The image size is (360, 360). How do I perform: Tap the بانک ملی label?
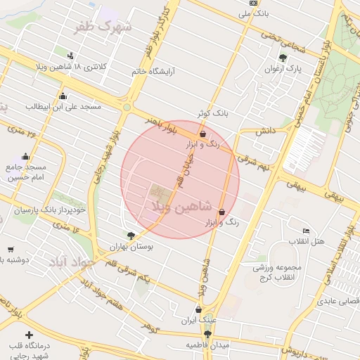pos(254,13)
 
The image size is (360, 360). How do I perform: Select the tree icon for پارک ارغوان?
pos(283,58)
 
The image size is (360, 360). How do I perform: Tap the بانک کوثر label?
pos(212,112)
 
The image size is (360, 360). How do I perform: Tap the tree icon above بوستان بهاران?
pos(131,236)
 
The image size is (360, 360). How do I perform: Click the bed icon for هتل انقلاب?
pos(305,231)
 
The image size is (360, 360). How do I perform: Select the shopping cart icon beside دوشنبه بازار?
pos(11,249)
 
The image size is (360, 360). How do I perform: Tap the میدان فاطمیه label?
pos(207,346)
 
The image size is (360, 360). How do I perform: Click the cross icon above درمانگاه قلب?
pos(29,335)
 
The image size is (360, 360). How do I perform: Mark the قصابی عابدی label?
pos(340,301)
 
